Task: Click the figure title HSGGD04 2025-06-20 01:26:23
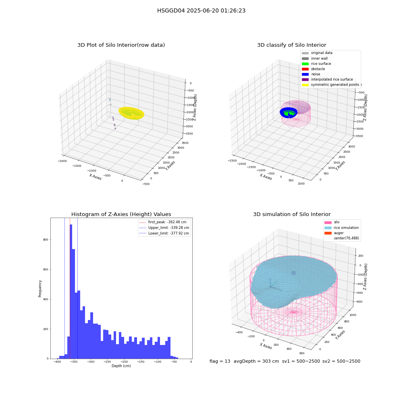point(201,10)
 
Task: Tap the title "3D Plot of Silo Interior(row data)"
point(121,45)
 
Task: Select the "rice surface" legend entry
point(316,64)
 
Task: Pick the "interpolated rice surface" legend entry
point(327,79)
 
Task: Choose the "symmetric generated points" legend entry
point(330,85)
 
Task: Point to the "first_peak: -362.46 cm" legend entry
point(163,222)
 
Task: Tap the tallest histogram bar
point(71,291)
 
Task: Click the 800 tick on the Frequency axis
point(46,239)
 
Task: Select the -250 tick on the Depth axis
point(107,361)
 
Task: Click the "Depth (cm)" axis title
point(121,366)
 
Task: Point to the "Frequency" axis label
point(40,289)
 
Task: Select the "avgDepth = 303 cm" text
point(256,361)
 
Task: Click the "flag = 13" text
point(220,361)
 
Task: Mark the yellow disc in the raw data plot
point(131,113)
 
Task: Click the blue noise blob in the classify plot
point(289,112)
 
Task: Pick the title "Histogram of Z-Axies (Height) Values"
point(121,214)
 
